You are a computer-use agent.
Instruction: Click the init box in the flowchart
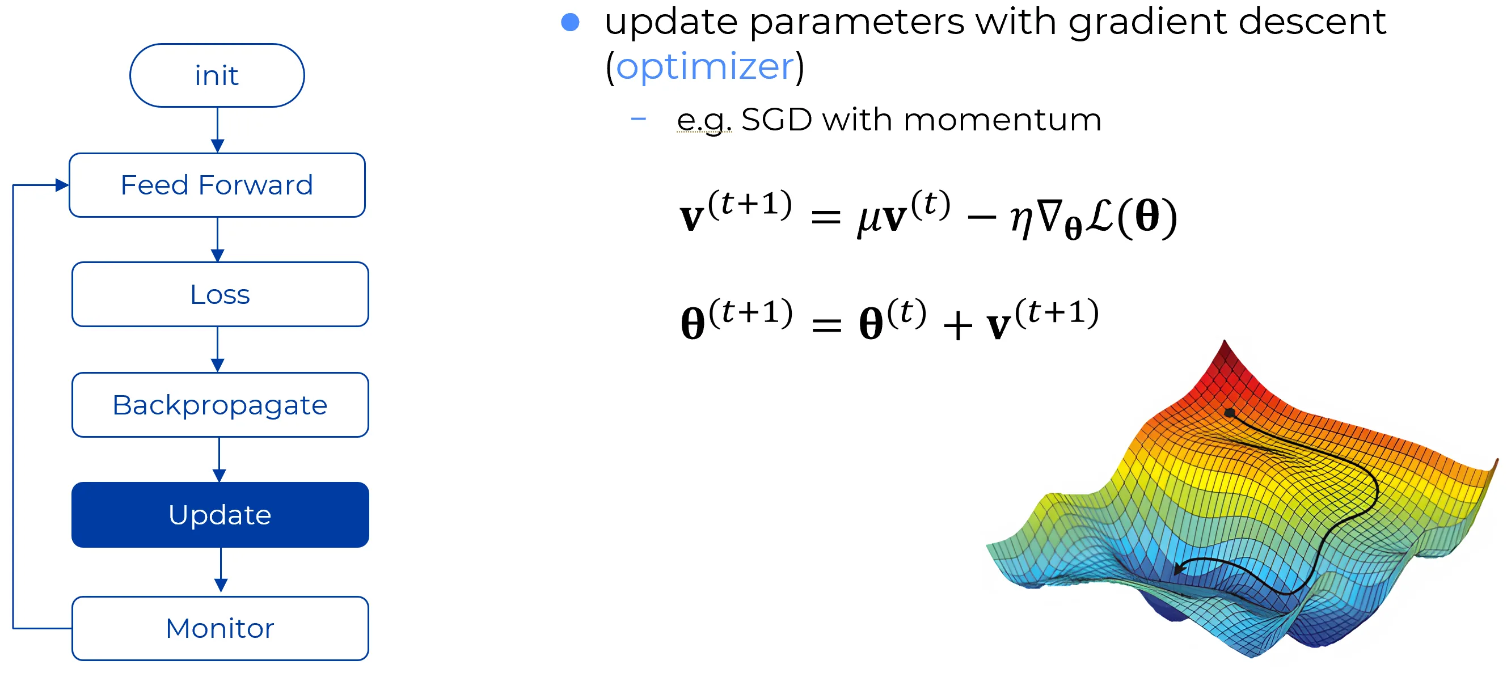(x=217, y=75)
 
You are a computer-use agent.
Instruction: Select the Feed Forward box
(x=217, y=185)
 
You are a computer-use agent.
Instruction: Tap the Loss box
(x=220, y=294)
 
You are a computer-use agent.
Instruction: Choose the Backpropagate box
(x=220, y=405)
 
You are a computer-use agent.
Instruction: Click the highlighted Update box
(x=220, y=515)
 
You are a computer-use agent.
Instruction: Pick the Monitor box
(x=220, y=629)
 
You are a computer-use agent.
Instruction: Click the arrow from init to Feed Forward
(x=218, y=130)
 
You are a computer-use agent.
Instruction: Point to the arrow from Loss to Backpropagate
(x=218, y=350)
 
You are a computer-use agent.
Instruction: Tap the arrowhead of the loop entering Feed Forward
(x=62, y=185)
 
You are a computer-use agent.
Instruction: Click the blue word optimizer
(x=705, y=67)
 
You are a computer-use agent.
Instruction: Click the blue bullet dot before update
(x=570, y=22)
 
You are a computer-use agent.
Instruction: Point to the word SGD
(x=777, y=120)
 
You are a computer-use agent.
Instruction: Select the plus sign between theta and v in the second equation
(x=957, y=325)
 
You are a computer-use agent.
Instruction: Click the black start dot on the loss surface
(x=1229, y=413)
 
